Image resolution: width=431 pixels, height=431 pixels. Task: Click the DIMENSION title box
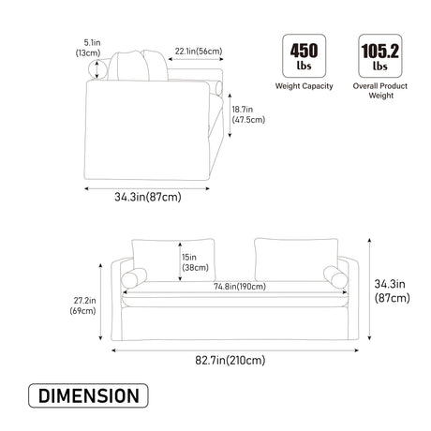click(88, 395)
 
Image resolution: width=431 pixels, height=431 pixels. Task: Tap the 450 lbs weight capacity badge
click(304, 56)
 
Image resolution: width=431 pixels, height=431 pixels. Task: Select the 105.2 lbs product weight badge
click(380, 56)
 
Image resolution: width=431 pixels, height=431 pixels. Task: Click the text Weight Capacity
click(304, 86)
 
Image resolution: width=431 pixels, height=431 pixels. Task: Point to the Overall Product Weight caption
click(380, 91)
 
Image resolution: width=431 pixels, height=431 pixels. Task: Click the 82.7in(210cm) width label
click(230, 360)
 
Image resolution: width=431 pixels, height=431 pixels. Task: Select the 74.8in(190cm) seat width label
click(240, 286)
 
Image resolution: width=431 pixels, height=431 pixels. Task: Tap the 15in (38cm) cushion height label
click(195, 262)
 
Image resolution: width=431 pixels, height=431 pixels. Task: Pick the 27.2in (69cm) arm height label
click(82, 305)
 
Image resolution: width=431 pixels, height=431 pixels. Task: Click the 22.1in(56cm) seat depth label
click(199, 51)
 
